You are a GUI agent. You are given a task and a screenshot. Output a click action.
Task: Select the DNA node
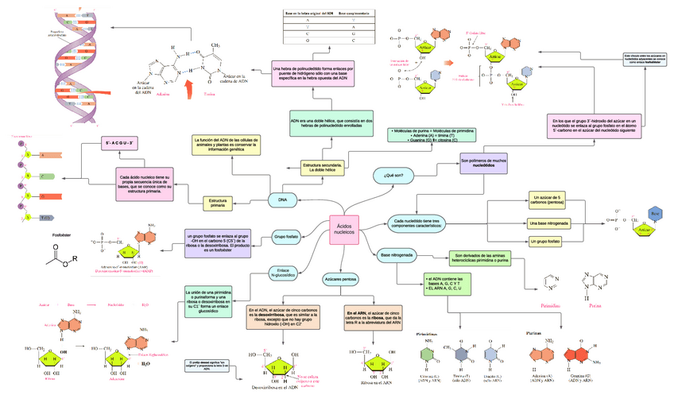[282, 199]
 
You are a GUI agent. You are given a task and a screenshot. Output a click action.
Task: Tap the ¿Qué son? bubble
[393, 175]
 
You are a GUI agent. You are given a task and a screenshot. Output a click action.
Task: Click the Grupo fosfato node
[286, 237]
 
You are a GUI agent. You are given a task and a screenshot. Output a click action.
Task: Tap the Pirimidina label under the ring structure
[550, 304]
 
